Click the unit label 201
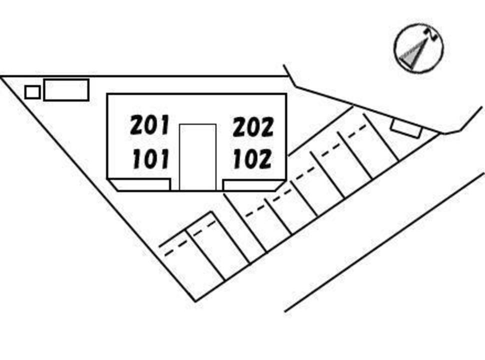150,125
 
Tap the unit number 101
150,159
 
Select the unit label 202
253,127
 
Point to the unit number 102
252,159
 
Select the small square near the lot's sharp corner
32,92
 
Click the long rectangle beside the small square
66,90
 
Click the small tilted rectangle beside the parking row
406,128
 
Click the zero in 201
150,125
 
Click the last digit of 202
266,127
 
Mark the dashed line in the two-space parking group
190,238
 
